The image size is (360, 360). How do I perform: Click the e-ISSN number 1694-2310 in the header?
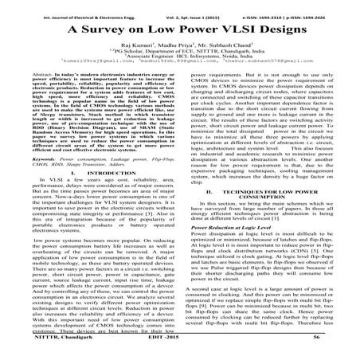pyautogui.click(x=271, y=8)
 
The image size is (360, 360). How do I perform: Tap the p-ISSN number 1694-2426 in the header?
pyautogui.click(x=329, y=8)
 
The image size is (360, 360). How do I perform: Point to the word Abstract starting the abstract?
pyautogui.click(x=33, y=73)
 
